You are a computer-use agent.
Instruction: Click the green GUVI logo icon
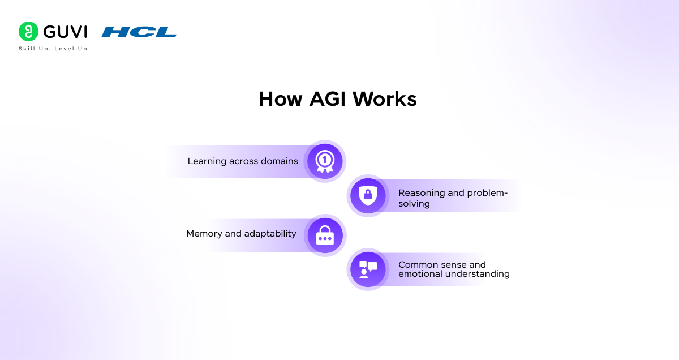coord(28,32)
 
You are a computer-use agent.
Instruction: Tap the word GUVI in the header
coord(65,32)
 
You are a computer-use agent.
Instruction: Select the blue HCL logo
coord(139,32)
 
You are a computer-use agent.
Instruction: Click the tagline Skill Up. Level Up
coord(53,49)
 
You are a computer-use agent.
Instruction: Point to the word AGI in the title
coord(328,99)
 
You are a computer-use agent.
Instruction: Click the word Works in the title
coord(385,99)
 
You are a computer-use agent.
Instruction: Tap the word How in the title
coord(281,99)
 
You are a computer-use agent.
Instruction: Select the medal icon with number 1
coord(325,161)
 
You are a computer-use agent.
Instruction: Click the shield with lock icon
coord(368,196)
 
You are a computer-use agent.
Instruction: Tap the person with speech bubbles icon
coord(368,269)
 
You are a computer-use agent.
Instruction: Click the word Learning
coord(207,161)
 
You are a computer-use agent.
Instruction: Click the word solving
coord(414,203)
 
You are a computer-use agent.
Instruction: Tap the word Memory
coord(204,234)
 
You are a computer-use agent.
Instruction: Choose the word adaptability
coord(270,234)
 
